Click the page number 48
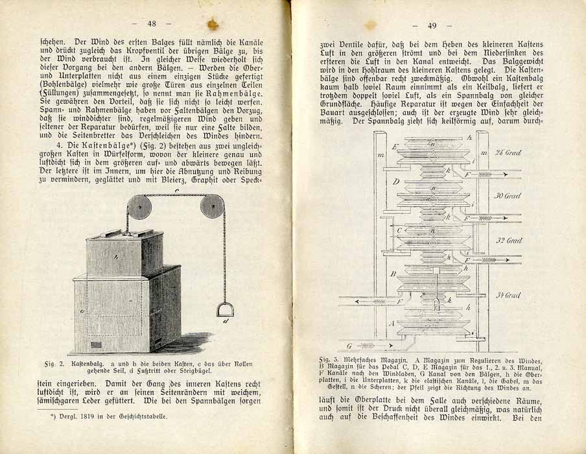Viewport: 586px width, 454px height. point(152,23)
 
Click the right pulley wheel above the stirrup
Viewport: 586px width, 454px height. point(212,208)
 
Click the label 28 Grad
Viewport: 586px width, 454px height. point(508,154)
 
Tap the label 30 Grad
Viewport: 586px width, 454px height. point(508,195)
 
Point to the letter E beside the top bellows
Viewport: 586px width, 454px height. point(394,147)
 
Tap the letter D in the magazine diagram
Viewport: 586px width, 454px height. point(395,182)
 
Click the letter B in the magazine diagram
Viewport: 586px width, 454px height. point(393,274)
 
